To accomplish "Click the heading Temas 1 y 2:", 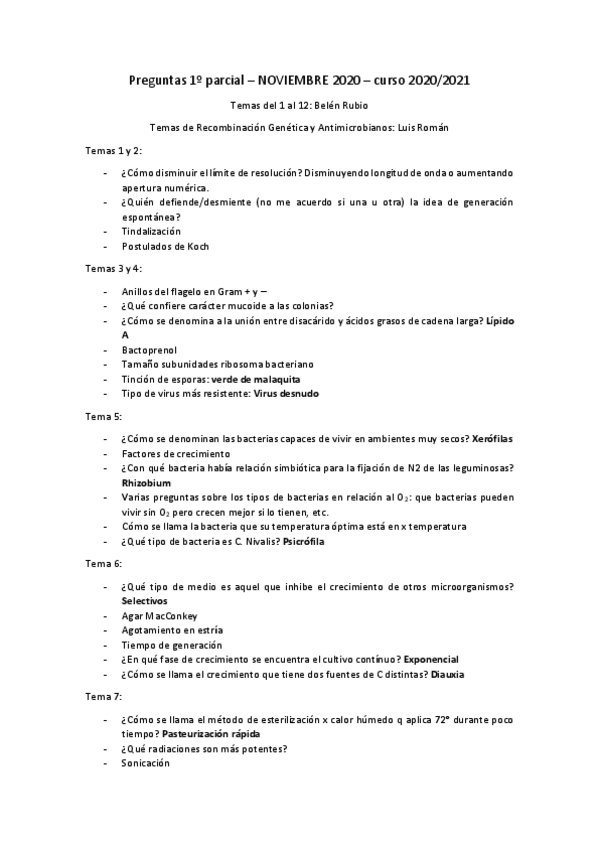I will pos(114,149).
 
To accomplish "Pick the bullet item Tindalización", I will pos(151,231).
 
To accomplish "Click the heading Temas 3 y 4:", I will pos(114,268).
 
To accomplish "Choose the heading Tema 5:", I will pos(104,416).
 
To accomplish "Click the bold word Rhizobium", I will pos(148,483).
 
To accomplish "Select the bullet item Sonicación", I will pos(146,763).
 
